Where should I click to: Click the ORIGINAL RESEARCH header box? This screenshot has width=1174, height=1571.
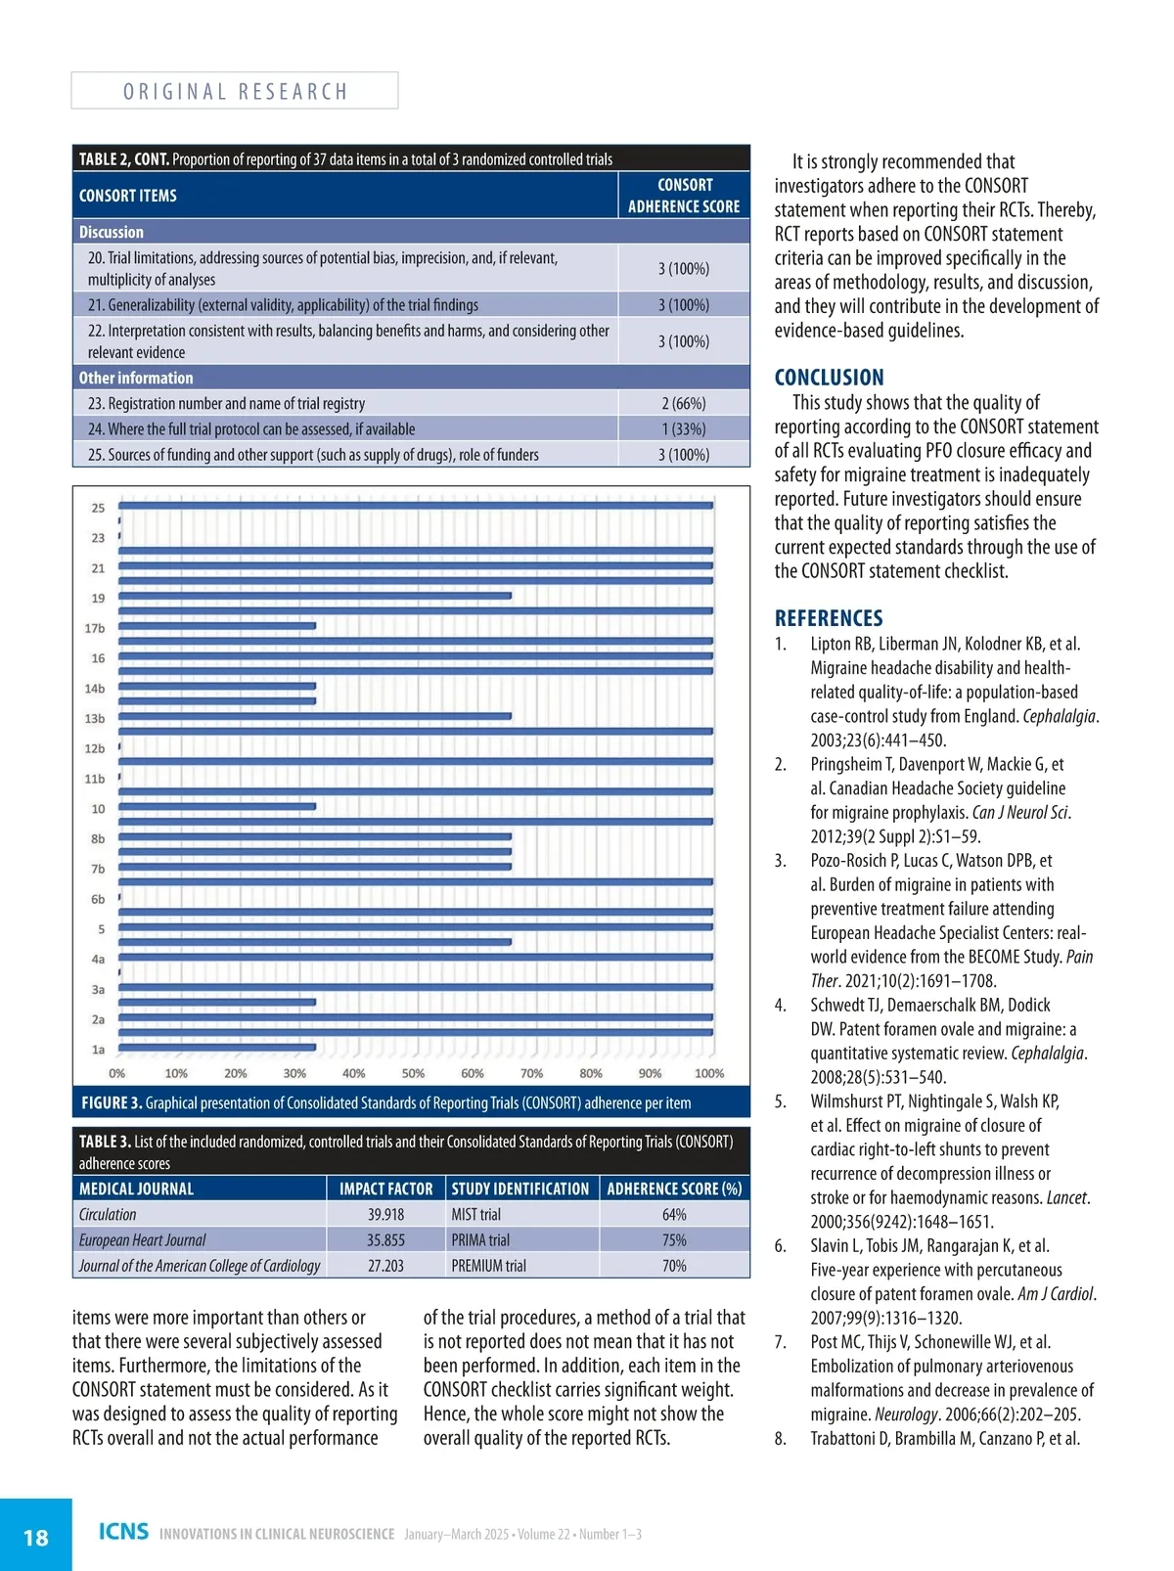235,91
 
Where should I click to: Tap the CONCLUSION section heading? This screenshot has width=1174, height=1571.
829,378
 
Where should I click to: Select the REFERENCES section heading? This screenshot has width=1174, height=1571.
829,618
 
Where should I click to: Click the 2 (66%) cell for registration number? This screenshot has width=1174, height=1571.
683,403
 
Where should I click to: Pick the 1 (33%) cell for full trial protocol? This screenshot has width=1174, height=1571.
683,428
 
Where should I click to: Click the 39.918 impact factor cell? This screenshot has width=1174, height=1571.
385,1214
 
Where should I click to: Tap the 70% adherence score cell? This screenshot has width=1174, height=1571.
674,1265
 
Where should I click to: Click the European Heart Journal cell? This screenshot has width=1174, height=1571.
143,1239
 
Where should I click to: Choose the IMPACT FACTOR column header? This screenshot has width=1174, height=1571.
385,1189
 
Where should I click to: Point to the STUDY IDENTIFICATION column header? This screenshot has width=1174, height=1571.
520,1189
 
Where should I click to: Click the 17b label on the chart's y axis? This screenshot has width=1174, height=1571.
95,628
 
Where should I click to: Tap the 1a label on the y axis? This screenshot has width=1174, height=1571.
98,1050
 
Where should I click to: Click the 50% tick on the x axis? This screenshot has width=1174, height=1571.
413,1073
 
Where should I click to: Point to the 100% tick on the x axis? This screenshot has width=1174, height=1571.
709,1073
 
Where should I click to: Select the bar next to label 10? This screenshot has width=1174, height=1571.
217,806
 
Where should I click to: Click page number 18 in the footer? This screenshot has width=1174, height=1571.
35,1537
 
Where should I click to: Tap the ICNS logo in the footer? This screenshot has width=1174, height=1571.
123,1532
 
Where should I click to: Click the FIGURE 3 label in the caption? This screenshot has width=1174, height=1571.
112,1102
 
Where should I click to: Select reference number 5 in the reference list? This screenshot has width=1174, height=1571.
780,1101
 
